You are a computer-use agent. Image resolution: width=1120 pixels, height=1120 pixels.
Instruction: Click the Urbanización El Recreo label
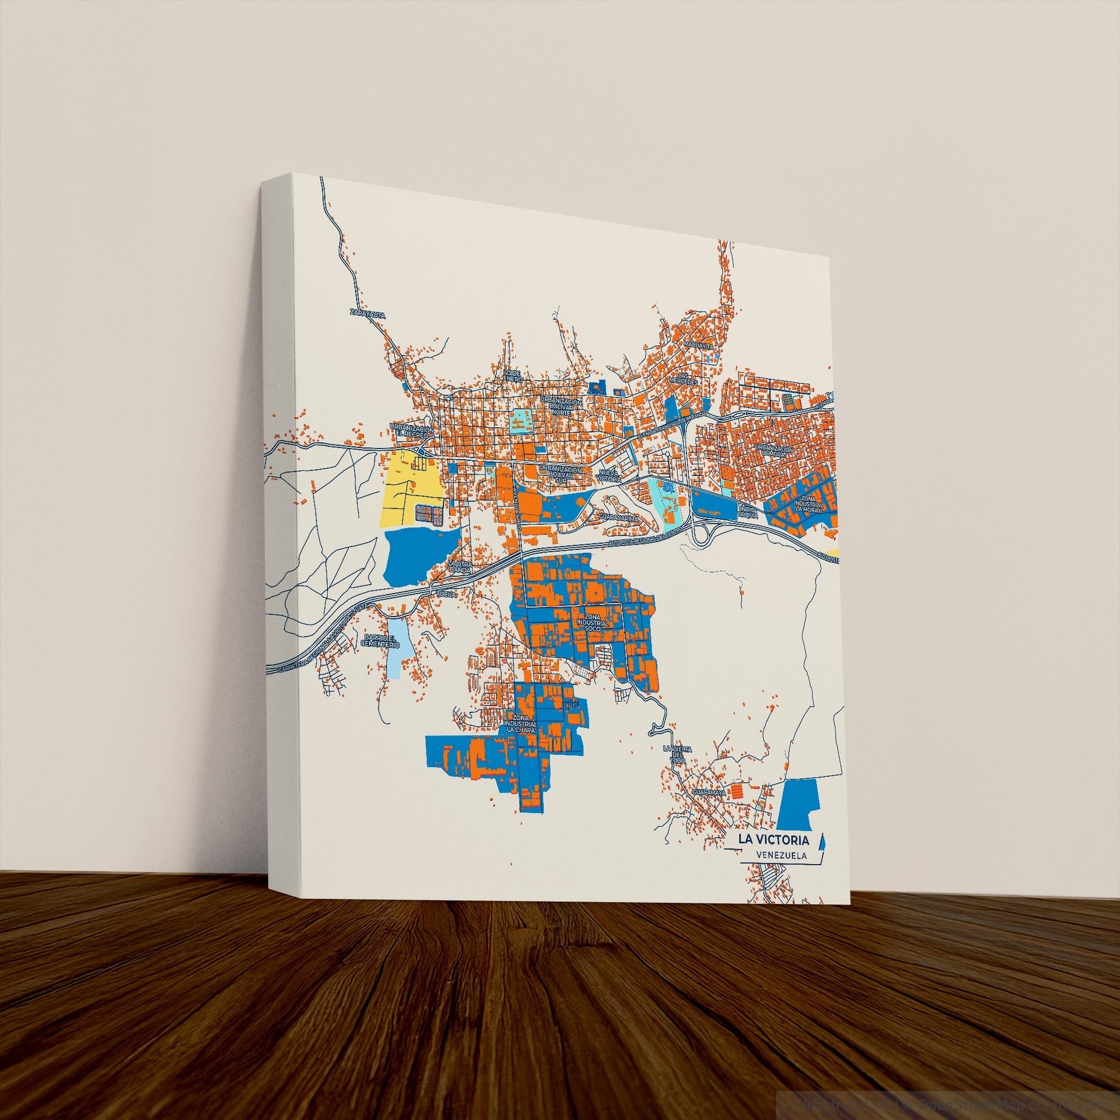[412, 431]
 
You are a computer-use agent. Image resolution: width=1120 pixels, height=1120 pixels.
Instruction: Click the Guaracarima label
[618, 517]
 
